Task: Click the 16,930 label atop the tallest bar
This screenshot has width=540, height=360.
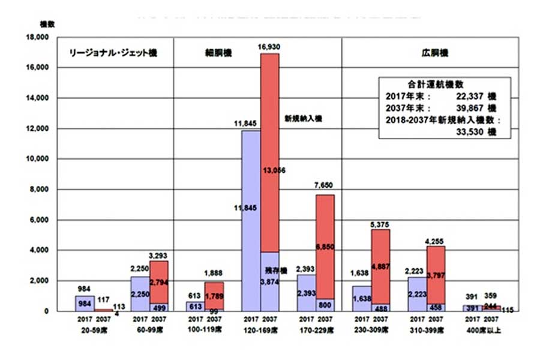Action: click(269, 46)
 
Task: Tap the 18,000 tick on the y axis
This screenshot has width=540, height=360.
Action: click(37, 37)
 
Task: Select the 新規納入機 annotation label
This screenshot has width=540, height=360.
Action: click(303, 119)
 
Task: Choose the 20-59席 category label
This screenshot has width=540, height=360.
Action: click(85, 330)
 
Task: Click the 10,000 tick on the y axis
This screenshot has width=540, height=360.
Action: click(37, 159)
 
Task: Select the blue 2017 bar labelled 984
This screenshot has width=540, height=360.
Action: click(85, 304)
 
